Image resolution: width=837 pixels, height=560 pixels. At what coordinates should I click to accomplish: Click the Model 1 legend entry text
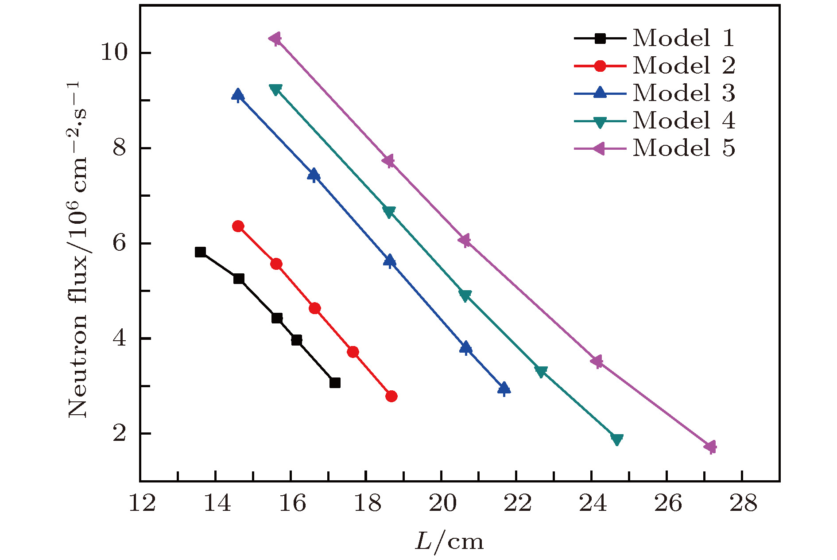click(683, 38)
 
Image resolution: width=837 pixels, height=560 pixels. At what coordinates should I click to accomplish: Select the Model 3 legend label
click(683, 93)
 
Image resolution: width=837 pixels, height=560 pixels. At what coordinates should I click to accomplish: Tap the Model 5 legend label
click(683, 148)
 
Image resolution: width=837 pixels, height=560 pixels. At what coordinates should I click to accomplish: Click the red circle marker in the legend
click(600, 66)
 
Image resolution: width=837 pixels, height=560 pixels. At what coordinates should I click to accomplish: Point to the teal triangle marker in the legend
click(600, 121)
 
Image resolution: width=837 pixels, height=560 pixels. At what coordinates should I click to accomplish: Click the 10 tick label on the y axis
click(114, 53)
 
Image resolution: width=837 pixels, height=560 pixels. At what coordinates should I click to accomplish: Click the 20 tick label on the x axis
click(442, 504)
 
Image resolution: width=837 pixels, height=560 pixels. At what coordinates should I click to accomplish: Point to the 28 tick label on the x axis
click(743, 504)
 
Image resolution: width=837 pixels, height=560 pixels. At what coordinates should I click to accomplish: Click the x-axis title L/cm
click(449, 541)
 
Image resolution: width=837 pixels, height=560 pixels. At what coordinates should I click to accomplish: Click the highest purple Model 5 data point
click(275, 39)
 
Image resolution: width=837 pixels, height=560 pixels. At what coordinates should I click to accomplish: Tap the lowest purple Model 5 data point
click(710, 447)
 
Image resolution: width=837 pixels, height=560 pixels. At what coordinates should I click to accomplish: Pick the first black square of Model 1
click(200, 252)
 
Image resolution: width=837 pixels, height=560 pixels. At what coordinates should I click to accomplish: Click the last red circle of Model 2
click(391, 396)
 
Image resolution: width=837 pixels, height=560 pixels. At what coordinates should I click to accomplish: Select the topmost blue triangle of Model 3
click(238, 94)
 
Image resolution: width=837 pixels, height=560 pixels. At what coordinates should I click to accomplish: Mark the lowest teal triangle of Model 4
click(616, 439)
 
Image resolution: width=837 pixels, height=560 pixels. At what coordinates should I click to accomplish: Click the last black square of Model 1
click(335, 383)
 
